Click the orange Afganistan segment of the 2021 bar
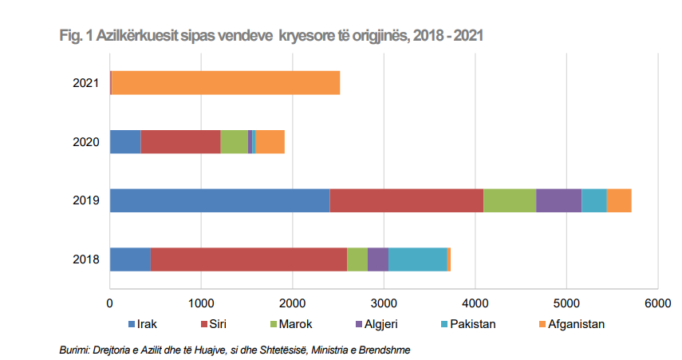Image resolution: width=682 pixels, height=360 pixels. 226,83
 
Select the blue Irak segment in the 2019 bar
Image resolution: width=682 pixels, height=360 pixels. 219,200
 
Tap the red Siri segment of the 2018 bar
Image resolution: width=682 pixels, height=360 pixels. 249,259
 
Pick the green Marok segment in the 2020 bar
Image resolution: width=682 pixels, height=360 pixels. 234,141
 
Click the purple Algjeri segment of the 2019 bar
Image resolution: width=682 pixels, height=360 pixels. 558,200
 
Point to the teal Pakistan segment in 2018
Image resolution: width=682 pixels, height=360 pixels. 418,259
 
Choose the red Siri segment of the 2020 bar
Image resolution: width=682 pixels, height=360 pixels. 180,141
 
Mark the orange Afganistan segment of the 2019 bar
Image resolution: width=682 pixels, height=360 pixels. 619,200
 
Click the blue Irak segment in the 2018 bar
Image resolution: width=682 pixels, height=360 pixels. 130,259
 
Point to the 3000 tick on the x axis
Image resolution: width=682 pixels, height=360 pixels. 384,303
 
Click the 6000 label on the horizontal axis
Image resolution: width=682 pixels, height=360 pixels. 656,303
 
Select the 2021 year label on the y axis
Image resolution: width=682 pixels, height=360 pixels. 85,83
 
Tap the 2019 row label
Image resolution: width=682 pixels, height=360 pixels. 85,200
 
